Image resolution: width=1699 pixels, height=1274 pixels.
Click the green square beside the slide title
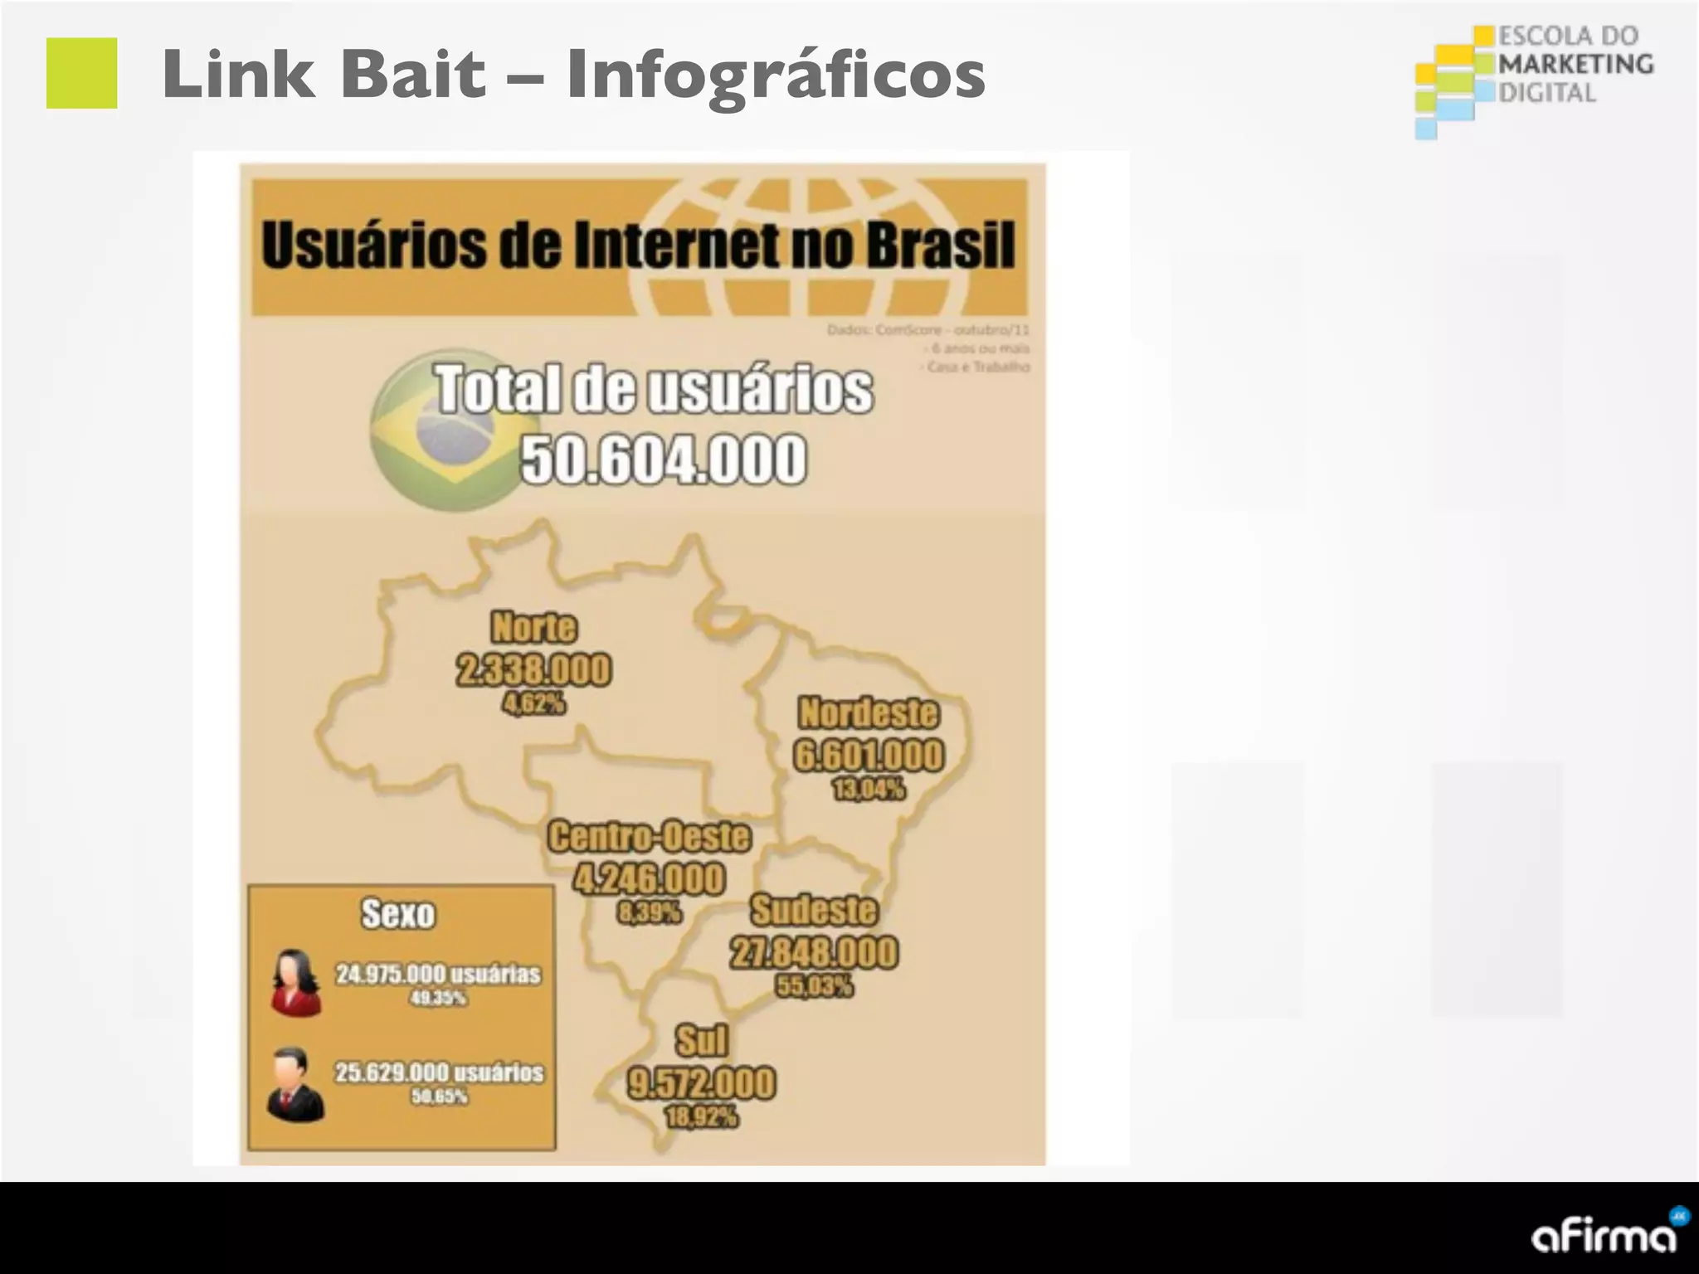81,73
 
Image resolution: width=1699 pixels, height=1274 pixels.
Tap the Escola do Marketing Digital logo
1533,81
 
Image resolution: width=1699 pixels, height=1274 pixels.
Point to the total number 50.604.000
663,459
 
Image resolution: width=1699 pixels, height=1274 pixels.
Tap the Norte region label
533,626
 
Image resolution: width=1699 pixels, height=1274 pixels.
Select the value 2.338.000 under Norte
533,669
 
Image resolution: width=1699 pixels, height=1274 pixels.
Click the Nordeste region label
868,712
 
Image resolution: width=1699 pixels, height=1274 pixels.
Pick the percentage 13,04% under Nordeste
869,789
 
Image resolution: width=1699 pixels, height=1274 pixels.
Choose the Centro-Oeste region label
649,836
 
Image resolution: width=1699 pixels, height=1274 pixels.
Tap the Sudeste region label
813,910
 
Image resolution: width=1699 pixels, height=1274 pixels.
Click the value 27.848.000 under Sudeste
813,952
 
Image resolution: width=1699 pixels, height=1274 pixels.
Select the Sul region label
701,1040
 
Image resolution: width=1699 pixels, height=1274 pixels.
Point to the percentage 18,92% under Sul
701,1117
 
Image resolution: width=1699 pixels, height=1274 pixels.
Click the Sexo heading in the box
398,914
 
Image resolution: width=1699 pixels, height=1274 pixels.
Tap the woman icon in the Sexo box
295,983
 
